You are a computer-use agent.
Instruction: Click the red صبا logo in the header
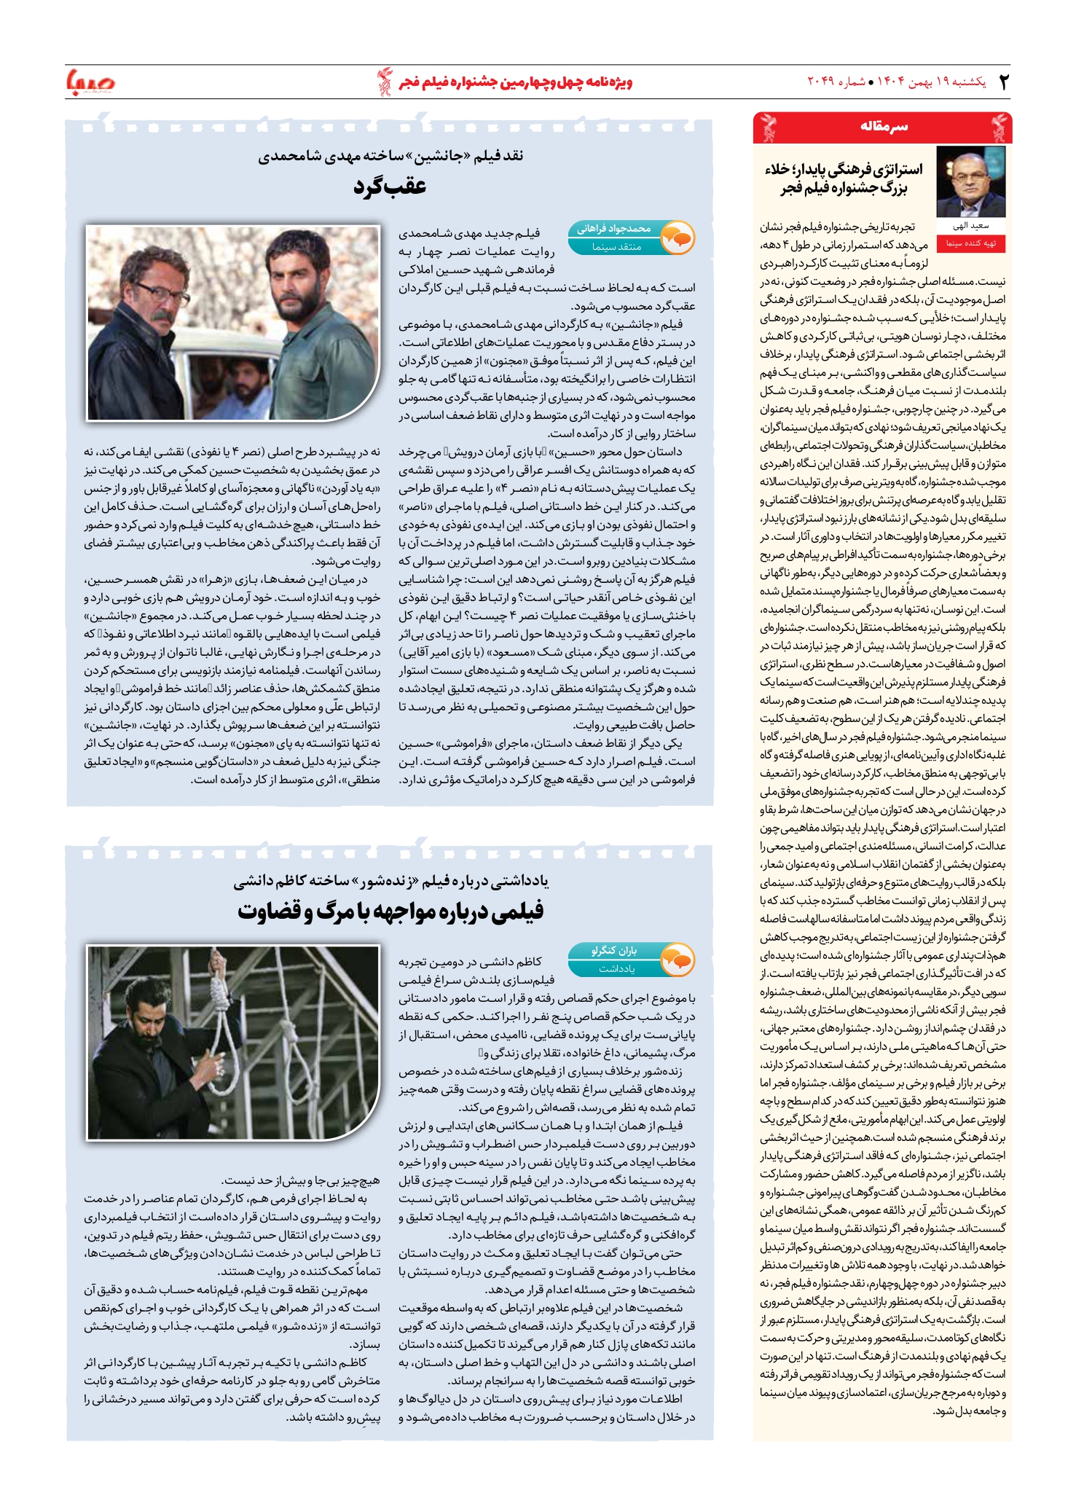point(90,81)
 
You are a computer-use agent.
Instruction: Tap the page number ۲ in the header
point(1004,82)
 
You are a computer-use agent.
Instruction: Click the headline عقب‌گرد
point(390,187)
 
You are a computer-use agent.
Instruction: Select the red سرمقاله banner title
point(884,127)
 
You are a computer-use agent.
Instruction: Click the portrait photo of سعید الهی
point(970,181)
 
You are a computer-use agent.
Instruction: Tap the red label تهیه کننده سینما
point(970,243)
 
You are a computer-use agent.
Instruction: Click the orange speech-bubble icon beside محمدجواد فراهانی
point(678,238)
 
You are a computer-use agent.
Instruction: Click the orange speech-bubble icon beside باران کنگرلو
point(678,960)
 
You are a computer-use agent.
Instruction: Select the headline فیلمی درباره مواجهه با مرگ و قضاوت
point(390,911)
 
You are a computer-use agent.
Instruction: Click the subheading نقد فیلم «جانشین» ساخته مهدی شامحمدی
point(390,156)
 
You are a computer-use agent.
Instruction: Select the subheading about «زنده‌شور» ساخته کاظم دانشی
point(390,882)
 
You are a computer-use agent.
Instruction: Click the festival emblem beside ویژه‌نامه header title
point(384,81)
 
